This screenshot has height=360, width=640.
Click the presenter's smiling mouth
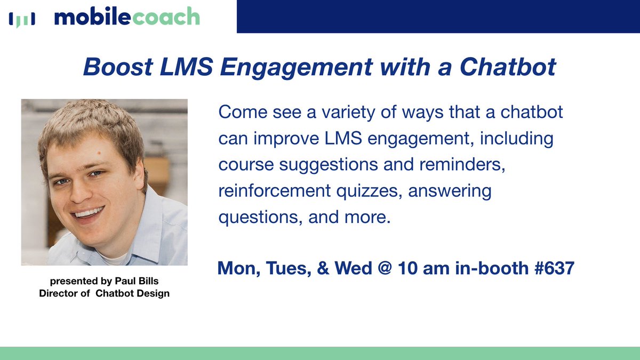pyautogui.click(x=90, y=214)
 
